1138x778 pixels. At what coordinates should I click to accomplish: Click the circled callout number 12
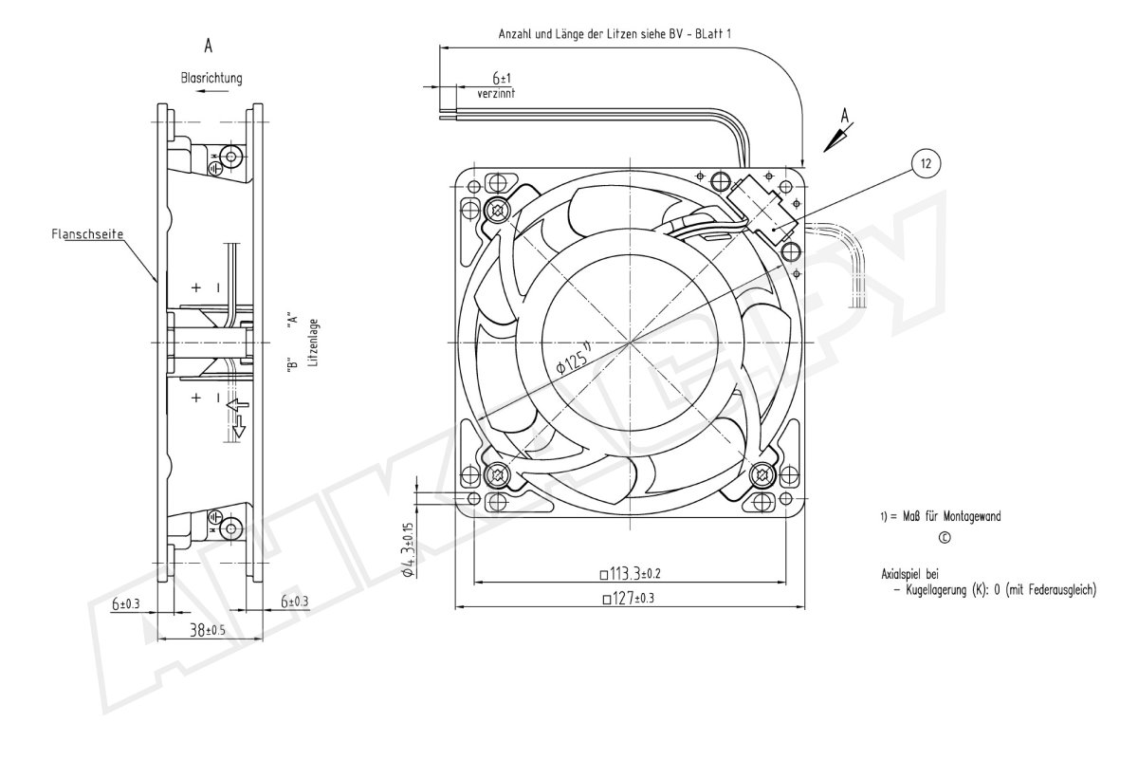[926, 163]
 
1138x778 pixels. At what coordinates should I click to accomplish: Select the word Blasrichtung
[211, 78]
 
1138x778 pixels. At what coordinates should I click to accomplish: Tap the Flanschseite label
[87, 234]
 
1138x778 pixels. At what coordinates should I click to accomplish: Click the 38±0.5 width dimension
[208, 631]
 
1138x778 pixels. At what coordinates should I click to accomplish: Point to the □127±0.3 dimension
[629, 599]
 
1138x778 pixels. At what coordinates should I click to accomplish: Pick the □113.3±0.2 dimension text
[630, 574]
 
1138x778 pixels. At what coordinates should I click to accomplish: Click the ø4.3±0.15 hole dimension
[409, 550]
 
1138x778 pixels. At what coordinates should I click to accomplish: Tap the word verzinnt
[496, 94]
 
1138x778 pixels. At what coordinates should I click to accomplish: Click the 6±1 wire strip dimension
[502, 78]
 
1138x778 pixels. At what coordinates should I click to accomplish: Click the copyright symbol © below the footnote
[945, 538]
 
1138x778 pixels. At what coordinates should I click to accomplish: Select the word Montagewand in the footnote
[972, 517]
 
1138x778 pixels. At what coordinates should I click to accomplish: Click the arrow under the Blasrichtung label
[211, 91]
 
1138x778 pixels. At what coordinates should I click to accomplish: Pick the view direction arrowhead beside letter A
[834, 140]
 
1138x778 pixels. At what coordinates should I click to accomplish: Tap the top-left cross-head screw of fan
[496, 209]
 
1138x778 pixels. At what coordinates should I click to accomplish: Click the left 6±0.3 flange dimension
[125, 604]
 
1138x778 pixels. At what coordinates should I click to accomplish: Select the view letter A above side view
[209, 46]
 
